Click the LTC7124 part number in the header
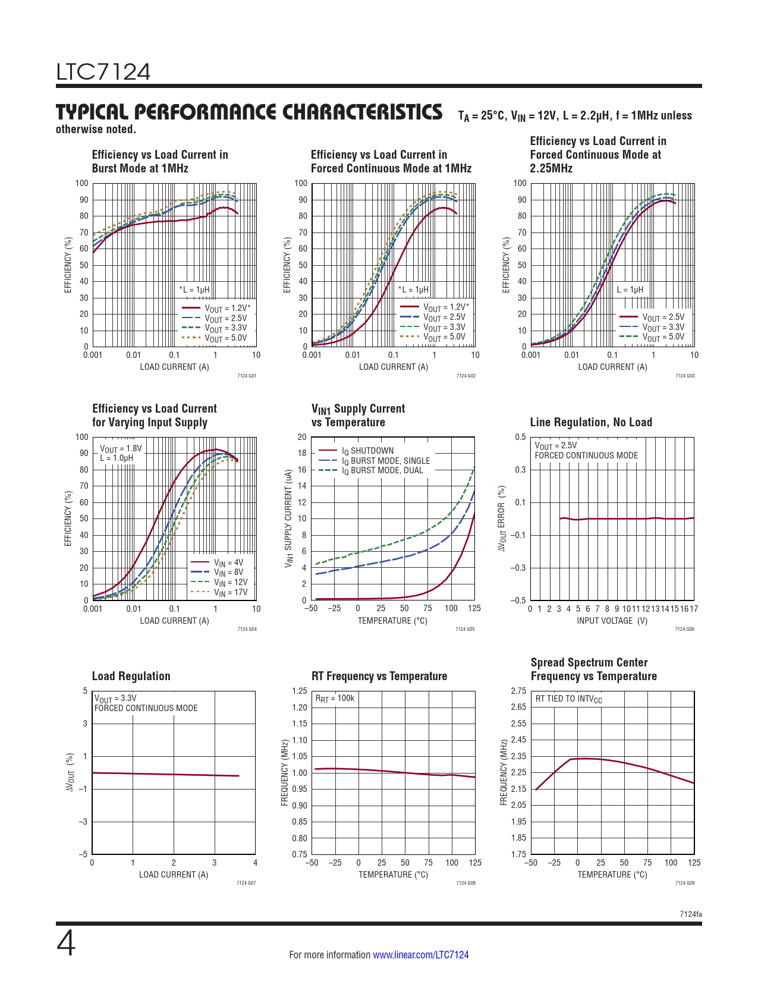103,72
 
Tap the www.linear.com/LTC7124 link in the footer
420,955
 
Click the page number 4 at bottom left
66,944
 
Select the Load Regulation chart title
131,676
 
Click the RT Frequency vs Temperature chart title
379,676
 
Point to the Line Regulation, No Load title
591,422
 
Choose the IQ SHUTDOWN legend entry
367,451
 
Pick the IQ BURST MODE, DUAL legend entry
382,470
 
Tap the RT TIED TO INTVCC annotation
568,699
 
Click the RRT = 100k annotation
335,698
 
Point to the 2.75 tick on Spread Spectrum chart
518,691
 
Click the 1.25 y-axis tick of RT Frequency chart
300,691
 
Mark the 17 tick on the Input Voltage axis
694,609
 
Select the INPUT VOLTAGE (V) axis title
612,621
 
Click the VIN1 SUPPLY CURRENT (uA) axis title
289,518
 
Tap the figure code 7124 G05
465,629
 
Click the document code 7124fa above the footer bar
691,914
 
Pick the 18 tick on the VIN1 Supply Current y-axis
302,453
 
